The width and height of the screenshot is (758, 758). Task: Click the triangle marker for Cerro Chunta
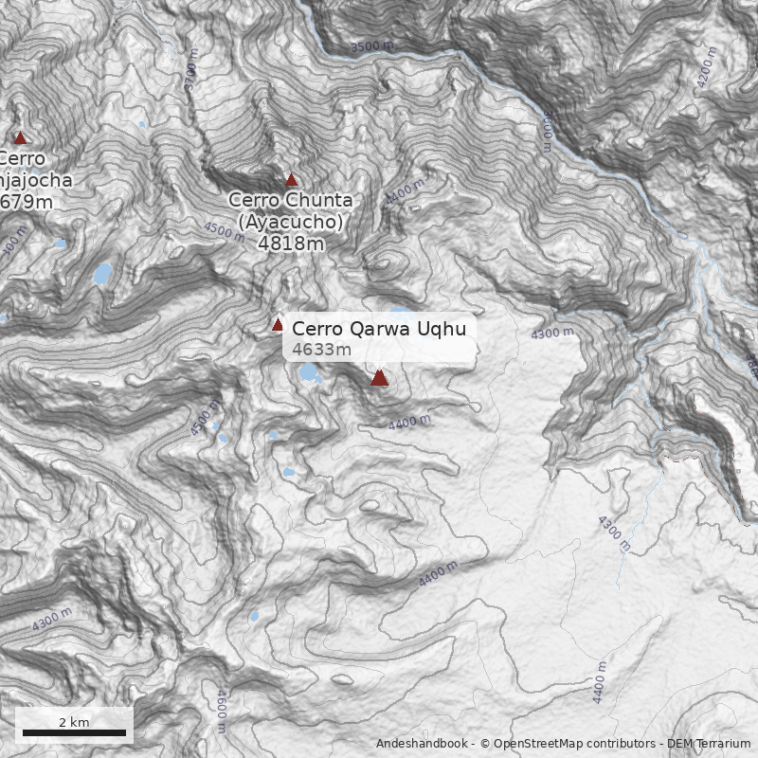click(x=292, y=180)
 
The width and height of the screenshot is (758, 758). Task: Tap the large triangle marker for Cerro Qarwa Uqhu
click(x=380, y=378)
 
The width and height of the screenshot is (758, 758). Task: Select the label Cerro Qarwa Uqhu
click(x=379, y=329)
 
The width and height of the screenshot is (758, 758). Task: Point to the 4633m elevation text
click(x=321, y=350)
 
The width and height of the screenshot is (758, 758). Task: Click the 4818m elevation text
click(x=291, y=244)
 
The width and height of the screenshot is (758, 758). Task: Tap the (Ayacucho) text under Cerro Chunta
click(x=290, y=222)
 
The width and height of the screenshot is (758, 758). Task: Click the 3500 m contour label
click(x=371, y=45)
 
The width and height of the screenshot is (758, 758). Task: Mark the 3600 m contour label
click(x=547, y=131)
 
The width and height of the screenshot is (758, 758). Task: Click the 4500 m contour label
click(x=225, y=229)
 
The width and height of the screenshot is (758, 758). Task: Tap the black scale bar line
click(x=74, y=732)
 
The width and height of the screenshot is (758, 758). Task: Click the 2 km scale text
click(x=74, y=722)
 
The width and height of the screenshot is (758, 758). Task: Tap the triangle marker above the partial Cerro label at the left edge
click(x=20, y=138)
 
